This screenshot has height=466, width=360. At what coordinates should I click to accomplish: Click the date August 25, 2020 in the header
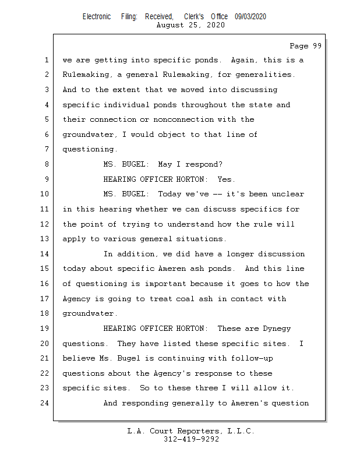(x=191, y=25)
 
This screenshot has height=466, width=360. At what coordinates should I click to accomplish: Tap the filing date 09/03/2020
(x=250, y=17)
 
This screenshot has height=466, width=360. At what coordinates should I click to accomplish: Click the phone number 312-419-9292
(x=191, y=439)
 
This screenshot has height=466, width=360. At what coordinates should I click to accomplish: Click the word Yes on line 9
(x=226, y=179)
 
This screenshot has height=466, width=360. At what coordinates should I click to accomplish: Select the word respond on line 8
(x=203, y=165)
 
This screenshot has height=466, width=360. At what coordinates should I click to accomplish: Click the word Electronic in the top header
(x=97, y=17)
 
